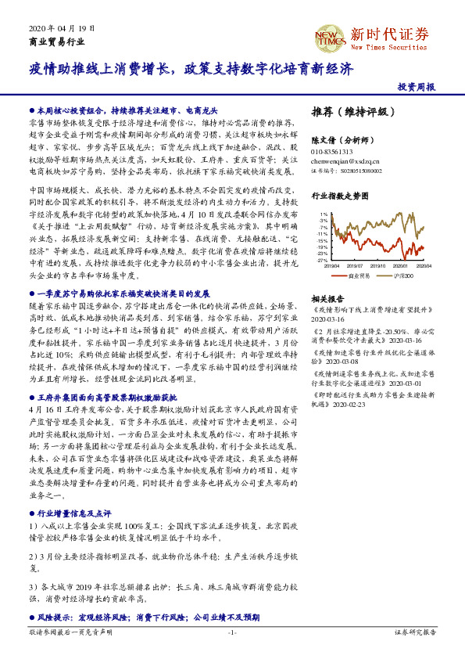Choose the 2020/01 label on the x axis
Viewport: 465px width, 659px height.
click(402, 266)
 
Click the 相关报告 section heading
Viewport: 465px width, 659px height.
click(327, 299)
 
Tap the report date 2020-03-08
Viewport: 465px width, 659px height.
click(331, 362)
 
